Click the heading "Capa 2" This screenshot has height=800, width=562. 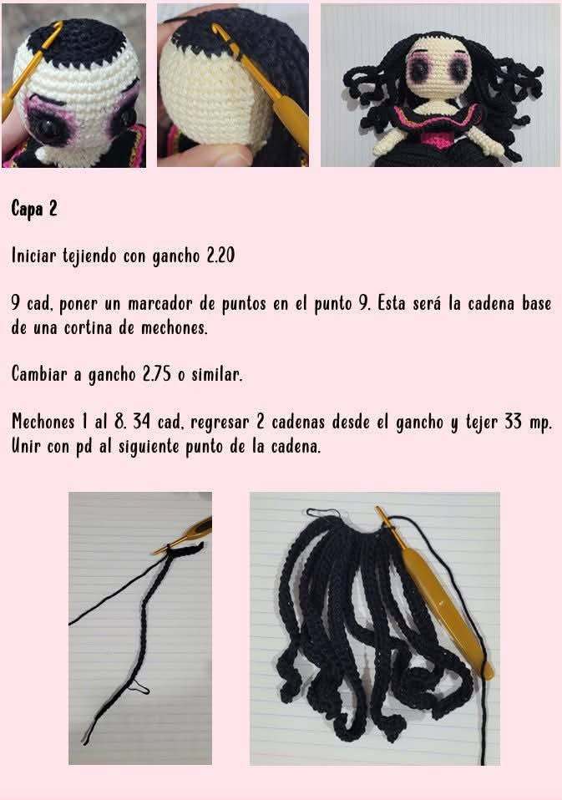34,209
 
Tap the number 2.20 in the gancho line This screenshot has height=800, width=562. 220,256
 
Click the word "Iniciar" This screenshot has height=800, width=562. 34,256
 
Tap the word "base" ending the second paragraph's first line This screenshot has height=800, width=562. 531,304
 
